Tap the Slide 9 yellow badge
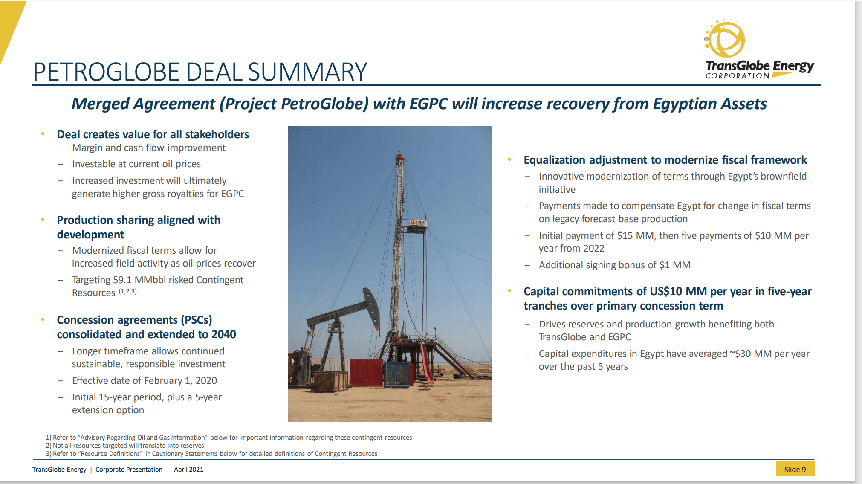[x=795, y=469]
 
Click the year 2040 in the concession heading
[x=223, y=334]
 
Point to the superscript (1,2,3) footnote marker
[x=127, y=292]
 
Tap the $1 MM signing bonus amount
[x=675, y=265]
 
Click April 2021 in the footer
[x=188, y=470]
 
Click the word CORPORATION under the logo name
[x=737, y=76]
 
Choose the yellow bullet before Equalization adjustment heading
[x=509, y=159]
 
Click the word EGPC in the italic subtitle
[x=428, y=104]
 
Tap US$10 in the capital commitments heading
[x=666, y=291]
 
